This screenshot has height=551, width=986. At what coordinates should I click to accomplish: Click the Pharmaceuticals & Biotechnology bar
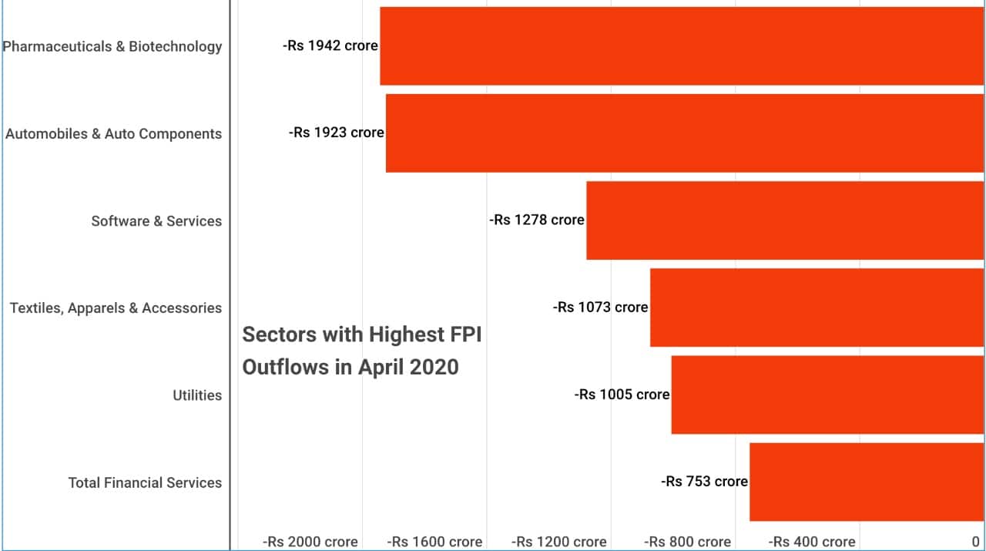(682, 46)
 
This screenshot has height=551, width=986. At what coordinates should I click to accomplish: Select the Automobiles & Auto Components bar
(685, 133)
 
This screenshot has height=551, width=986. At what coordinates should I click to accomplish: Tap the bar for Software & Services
(785, 220)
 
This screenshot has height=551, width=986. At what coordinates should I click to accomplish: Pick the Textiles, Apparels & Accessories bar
(817, 307)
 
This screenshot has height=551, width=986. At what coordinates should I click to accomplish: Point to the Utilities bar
(827, 395)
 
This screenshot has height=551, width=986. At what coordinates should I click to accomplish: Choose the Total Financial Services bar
(867, 482)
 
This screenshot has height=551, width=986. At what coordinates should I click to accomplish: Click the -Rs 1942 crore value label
(330, 45)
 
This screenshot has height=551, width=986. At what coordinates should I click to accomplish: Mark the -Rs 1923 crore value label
(337, 133)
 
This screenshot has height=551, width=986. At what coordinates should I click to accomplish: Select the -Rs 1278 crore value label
(537, 220)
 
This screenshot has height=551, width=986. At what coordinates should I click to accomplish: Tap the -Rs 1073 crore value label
(601, 307)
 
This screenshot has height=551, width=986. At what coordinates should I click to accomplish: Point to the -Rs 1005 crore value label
(622, 394)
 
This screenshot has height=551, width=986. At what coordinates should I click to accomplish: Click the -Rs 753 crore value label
(705, 481)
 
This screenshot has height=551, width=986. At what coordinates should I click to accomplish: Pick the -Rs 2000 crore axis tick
(310, 542)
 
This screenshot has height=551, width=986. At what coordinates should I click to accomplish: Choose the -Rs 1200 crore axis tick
(559, 542)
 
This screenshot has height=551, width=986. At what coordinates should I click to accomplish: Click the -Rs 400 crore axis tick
(812, 542)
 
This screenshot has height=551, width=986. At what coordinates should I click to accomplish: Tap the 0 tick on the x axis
(975, 542)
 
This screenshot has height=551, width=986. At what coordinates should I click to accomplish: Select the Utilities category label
(197, 395)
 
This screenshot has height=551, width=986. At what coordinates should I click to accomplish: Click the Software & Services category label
(156, 221)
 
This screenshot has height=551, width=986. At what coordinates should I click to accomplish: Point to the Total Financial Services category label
(145, 482)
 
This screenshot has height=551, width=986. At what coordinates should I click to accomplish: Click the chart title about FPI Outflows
(362, 351)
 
